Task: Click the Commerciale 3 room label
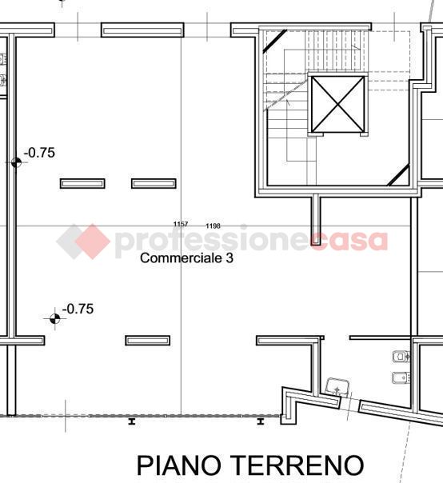pos(186,258)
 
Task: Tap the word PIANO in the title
pos(179,465)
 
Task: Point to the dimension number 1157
pos(181,224)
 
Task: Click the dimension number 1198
pos(213,226)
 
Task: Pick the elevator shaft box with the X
pos(338,104)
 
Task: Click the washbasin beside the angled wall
pos(337,386)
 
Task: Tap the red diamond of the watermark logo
pos(93,241)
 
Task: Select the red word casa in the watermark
pos(349,241)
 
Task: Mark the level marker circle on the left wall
pos(16,162)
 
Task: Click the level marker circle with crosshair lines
pos(55,318)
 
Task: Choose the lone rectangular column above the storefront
pos(148,341)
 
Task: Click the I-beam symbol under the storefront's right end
pos(261,421)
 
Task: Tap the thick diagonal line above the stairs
pos(274,41)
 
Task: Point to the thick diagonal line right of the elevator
pos(398,176)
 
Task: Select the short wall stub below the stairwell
pos(316,219)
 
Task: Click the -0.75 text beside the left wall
pos(39,153)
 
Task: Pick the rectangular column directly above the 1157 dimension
pos(154,184)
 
